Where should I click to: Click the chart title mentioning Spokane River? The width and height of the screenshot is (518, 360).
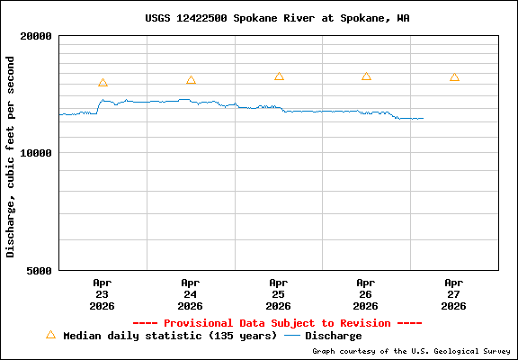click(x=277, y=18)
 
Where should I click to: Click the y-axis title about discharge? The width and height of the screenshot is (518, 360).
click(x=11, y=156)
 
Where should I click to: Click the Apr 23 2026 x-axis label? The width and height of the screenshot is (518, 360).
click(x=102, y=293)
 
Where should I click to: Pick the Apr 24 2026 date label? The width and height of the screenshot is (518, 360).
click(x=190, y=293)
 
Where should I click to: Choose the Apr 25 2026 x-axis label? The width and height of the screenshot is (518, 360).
click(x=278, y=293)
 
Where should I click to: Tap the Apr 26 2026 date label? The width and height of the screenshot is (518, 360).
click(x=366, y=293)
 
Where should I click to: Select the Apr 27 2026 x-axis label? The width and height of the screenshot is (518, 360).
click(x=454, y=293)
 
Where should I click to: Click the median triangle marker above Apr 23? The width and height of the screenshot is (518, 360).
click(x=103, y=83)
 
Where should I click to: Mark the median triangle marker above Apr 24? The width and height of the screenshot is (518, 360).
click(x=191, y=80)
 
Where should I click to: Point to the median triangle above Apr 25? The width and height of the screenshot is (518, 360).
click(x=279, y=76)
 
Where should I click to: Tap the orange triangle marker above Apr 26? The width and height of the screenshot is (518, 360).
click(x=366, y=76)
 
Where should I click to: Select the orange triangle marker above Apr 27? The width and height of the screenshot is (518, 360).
click(x=454, y=77)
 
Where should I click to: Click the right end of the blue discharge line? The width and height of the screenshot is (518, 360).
click(x=422, y=119)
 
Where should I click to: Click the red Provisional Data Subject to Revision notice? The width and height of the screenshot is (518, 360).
click(x=277, y=322)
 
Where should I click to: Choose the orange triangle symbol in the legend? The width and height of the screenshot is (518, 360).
click(x=50, y=335)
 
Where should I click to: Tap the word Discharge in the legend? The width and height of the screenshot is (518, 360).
click(x=333, y=336)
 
